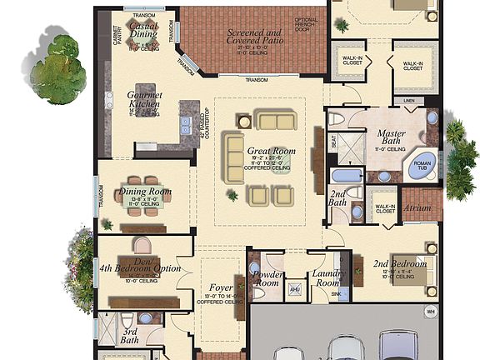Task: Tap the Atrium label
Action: coord(417,207)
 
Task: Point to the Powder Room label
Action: coord(267,277)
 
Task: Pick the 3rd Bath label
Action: coord(129,336)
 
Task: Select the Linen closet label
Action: coord(408,101)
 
